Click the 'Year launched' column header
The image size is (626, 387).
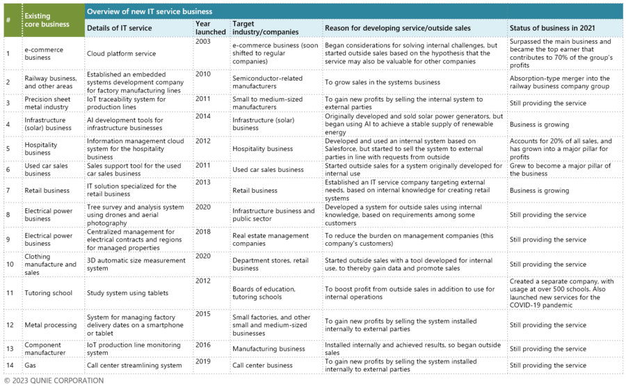210,28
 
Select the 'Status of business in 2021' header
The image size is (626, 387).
552,28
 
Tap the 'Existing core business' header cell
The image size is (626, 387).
47,20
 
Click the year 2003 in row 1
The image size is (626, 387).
203,42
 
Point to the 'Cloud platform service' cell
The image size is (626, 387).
121,54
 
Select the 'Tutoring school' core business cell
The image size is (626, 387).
48,293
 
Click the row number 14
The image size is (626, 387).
10,365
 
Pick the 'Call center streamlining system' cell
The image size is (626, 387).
134,365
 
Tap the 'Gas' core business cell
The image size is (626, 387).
30,365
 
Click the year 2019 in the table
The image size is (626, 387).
203,361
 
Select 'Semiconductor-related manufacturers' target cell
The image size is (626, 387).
268,82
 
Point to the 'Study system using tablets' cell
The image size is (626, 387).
127,293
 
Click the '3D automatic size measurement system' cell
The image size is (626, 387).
136,264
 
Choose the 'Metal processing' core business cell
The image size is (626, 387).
50,324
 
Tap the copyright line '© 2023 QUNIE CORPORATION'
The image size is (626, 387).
54,381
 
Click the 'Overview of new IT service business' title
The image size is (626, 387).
150,12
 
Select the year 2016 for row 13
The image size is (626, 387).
203,345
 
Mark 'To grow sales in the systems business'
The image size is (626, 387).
383,82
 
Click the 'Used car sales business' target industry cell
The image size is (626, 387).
268,169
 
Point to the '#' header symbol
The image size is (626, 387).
8,19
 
